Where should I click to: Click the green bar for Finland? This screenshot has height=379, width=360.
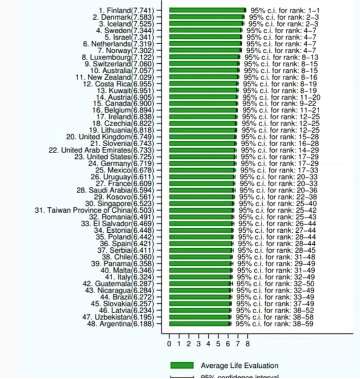point(207,10)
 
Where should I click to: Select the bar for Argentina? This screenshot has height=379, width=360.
point(200,324)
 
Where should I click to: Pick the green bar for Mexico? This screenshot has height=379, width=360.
point(203,170)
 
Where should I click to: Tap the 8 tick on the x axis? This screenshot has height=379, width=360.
point(248,344)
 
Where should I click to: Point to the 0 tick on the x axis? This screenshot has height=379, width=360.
point(169,344)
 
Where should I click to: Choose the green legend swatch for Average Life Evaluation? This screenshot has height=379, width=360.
point(182,365)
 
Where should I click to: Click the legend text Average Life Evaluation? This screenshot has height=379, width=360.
point(240,366)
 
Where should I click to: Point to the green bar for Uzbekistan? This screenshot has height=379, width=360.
point(200,317)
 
